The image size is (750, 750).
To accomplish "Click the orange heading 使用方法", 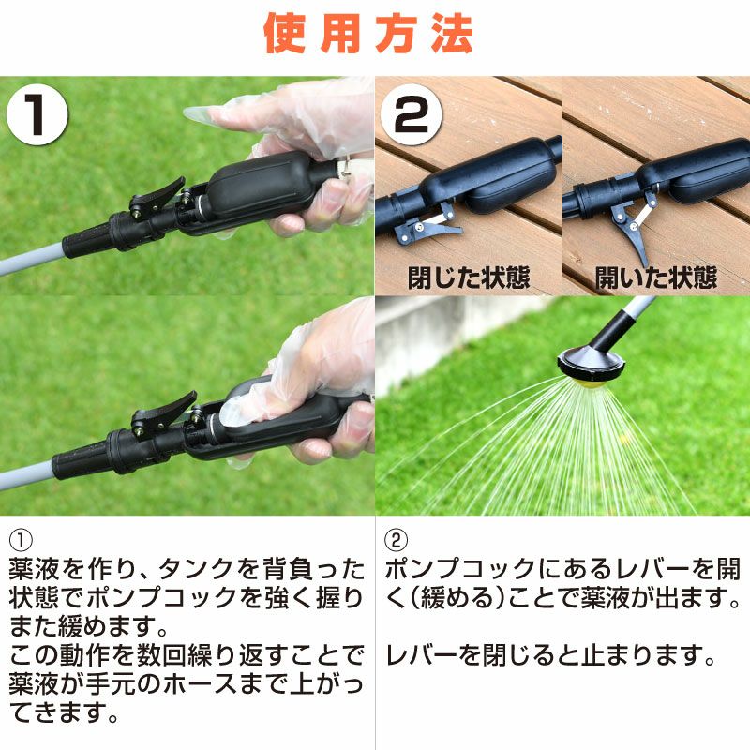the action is point(368,34).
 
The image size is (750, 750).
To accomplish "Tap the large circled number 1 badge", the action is point(37,114).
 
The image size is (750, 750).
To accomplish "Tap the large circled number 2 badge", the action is point(411,114).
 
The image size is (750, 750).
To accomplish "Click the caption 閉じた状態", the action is point(469,277).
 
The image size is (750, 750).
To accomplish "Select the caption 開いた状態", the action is point(655,277).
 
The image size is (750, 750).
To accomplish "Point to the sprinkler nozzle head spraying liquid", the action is point(592,365).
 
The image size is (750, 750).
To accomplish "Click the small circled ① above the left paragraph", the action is point(21,541).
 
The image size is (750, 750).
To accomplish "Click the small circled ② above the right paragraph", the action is point(396,541).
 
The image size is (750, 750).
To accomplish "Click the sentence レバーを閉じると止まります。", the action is point(550,655).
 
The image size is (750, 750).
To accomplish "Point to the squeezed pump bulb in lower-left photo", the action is point(282,415).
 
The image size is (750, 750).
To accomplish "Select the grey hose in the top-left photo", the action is point(31,259).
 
